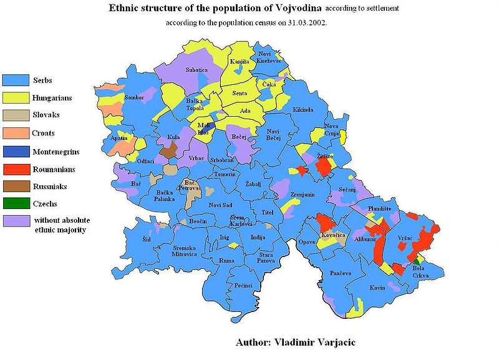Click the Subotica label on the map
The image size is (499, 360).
pyautogui.click(x=196, y=71)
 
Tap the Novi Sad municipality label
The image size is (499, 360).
pyautogui.click(x=220, y=205)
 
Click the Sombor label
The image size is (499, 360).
pyautogui.click(x=134, y=98)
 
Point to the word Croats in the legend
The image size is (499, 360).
pyautogui.click(x=44, y=133)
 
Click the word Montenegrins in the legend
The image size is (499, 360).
pyautogui.click(x=57, y=151)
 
